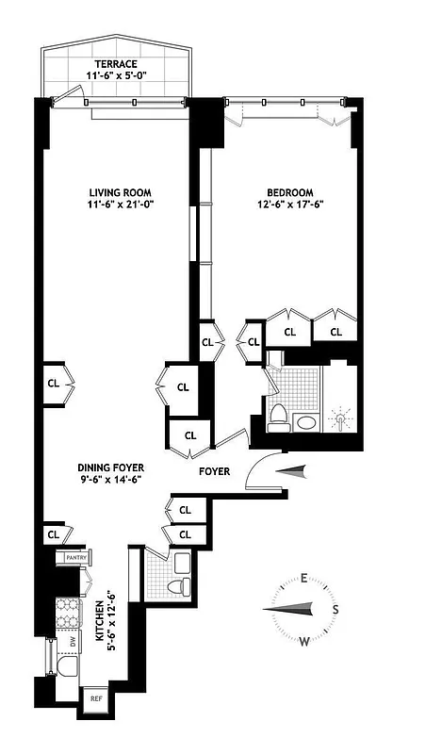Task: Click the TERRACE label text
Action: [115, 64]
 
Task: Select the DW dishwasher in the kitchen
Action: [72, 642]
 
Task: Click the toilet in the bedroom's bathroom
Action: [279, 417]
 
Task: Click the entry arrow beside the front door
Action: [294, 469]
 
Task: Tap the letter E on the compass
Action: [305, 580]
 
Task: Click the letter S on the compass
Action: [335, 609]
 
